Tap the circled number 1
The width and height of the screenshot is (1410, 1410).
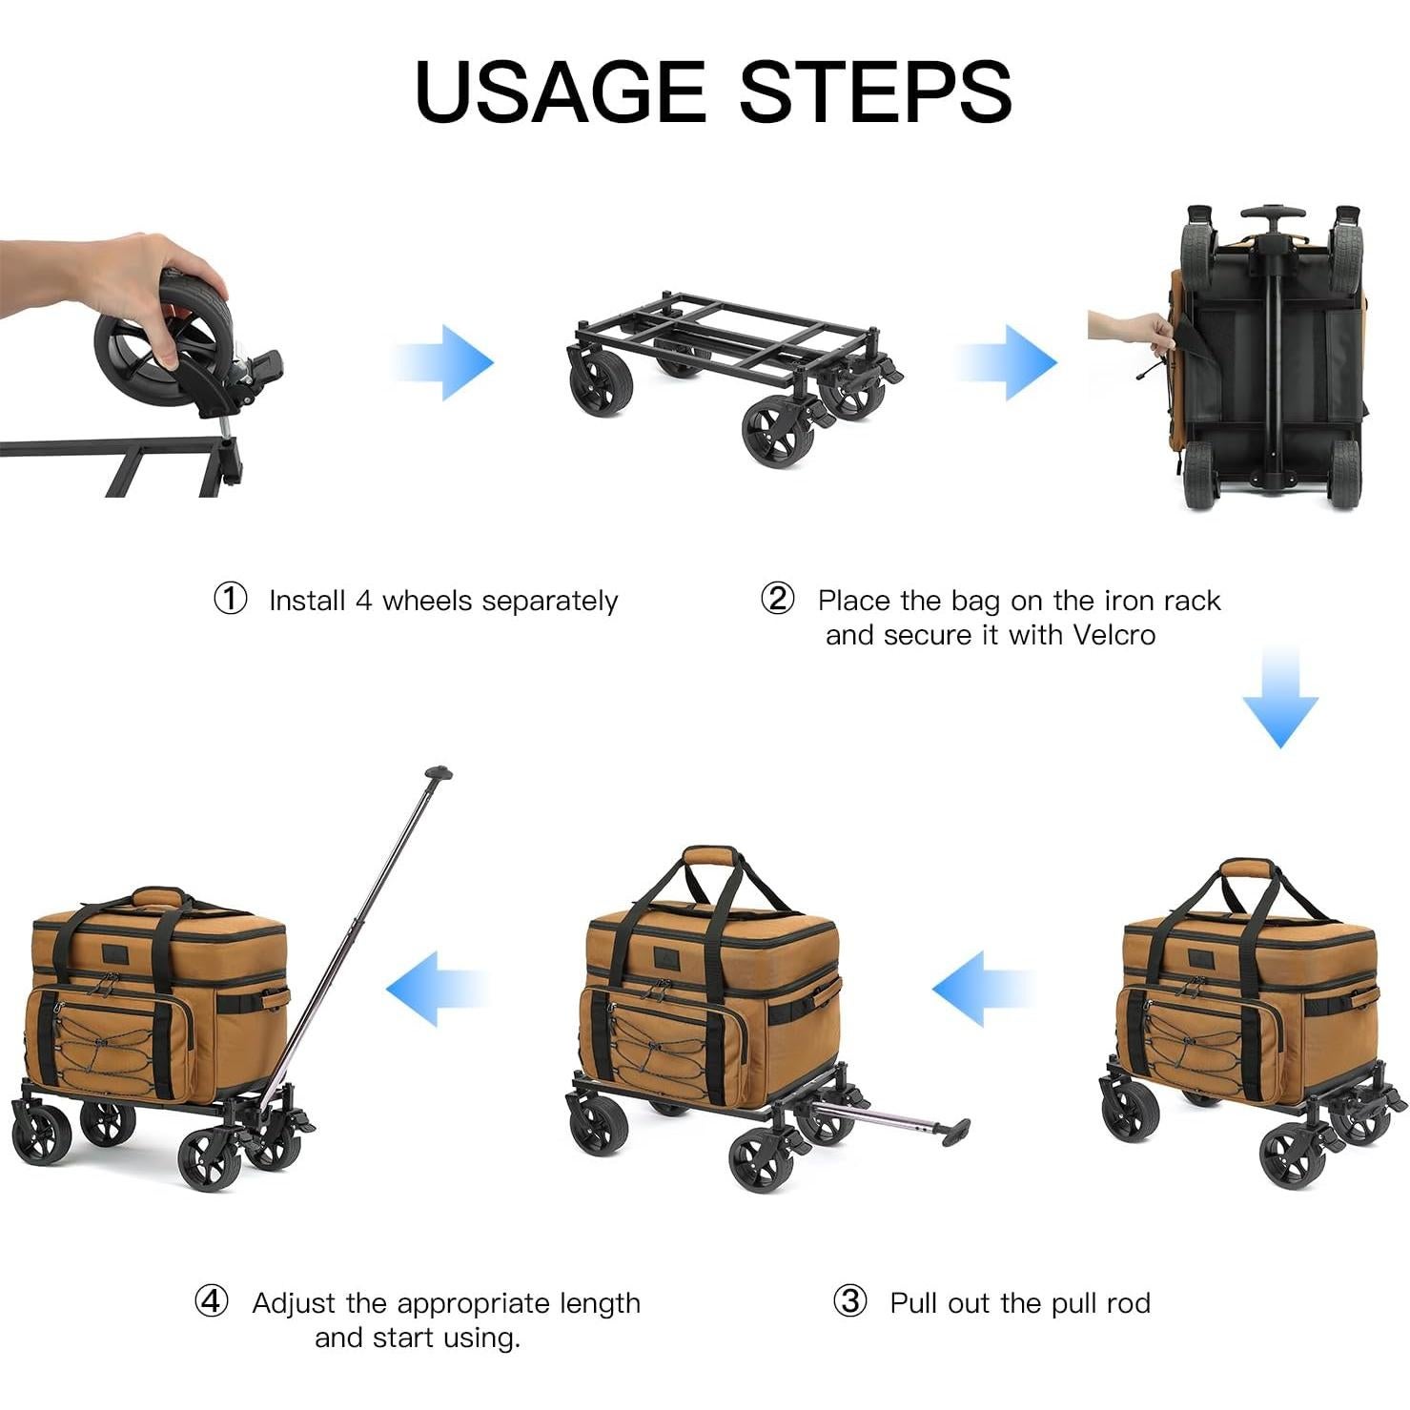230,600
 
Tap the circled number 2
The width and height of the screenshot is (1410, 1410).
777,599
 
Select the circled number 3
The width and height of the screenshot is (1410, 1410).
849,1301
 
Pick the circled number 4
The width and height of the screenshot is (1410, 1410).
211,1301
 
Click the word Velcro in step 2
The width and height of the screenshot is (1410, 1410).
1114,635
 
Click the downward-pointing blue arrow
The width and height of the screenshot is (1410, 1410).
1280,696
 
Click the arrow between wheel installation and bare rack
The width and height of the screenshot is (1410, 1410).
444,362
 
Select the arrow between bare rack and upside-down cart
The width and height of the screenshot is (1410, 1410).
1007,362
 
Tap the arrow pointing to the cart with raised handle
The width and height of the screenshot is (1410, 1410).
437,989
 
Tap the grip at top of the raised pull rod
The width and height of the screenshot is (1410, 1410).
438,773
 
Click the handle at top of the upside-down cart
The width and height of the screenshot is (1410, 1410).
1272,212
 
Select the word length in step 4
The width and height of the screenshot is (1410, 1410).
600,1303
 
